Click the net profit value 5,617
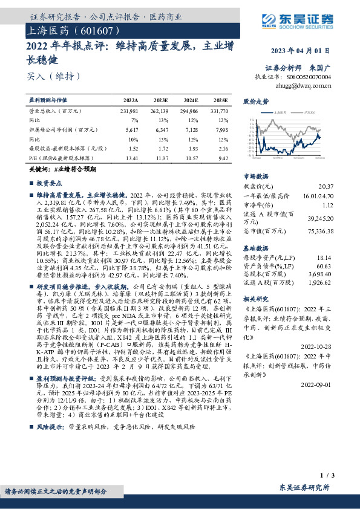tap(132, 129)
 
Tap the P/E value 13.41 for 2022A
tap(131, 158)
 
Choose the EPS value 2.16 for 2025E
tap(223, 148)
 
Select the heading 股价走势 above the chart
tap(256, 102)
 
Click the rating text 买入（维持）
tap(54, 76)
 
